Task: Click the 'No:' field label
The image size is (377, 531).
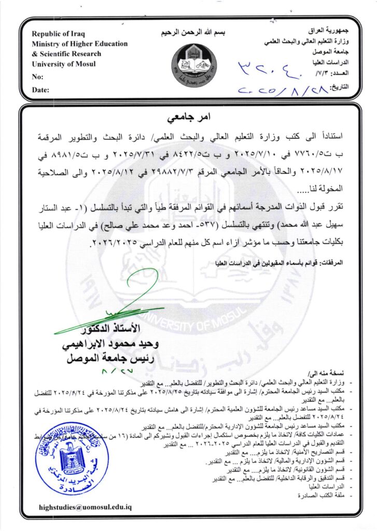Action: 37,77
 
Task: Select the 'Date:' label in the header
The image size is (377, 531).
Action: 40,90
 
